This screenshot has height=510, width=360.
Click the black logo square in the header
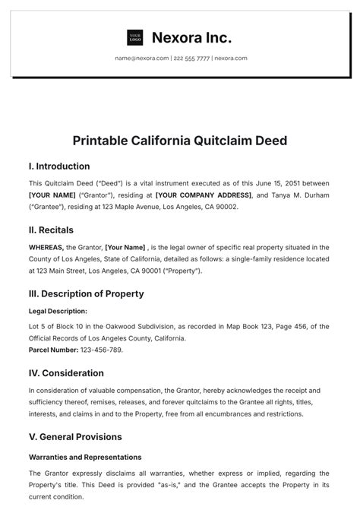(x=135, y=37)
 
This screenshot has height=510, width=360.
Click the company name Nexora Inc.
(x=191, y=37)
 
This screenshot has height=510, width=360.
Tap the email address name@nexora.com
(x=142, y=58)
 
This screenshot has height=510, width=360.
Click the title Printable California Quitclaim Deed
(x=179, y=141)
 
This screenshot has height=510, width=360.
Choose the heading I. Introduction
(x=59, y=166)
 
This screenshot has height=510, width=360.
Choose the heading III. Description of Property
(x=86, y=293)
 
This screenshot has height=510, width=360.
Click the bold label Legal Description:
(x=58, y=311)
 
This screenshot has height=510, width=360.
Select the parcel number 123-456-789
(x=101, y=350)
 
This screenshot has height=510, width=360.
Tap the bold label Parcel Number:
(x=53, y=350)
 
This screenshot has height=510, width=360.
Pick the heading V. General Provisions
(x=75, y=437)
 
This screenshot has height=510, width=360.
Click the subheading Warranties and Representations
(x=85, y=458)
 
